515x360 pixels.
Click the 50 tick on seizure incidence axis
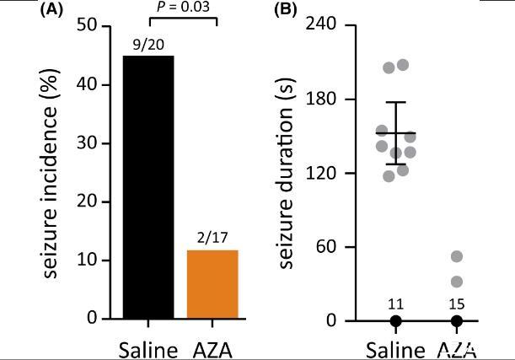89,25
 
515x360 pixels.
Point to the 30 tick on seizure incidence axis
89,143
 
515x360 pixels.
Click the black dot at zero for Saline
395,321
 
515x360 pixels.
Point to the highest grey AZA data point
456,257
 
